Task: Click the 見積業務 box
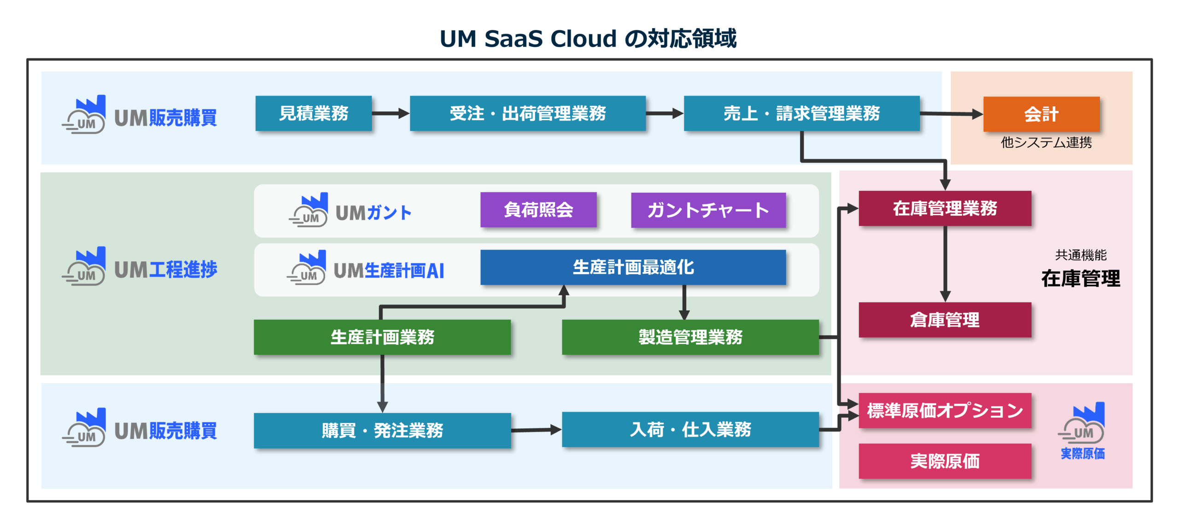coord(313,113)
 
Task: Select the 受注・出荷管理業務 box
coord(527,113)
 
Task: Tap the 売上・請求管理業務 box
coord(801,113)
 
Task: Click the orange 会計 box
coord(1041,114)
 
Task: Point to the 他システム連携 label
coord(1046,143)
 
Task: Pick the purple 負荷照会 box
coord(538,210)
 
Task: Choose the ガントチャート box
coord(708,210)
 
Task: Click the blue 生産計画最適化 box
coord(633,267)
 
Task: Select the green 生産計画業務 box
coord(382,337)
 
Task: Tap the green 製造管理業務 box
coord(690,337)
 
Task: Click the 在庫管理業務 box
coord(945,208)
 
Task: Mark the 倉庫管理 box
coord(945,320)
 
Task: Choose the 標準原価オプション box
coord(945,410)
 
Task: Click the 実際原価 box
coord(945,461)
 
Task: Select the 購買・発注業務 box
coord(382,431)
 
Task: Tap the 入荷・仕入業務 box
coord(690,430)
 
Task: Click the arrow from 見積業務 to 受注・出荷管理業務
coord(391,113)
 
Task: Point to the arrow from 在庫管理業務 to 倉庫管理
coord(945,265)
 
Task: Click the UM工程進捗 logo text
coord(165,270)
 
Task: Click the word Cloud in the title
coord(583,39)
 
